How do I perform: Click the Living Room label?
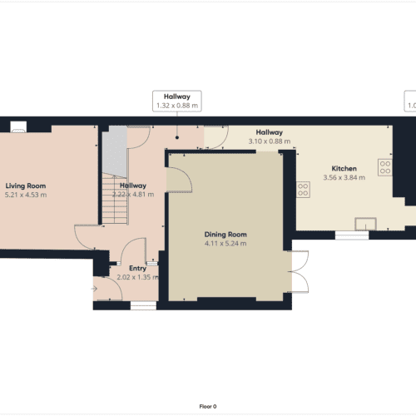[x=25, y=186]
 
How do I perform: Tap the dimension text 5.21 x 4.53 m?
[x=25, y=195]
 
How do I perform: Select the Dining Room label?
[x=225, y=235]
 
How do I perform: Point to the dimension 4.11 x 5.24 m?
[x=225, y=245]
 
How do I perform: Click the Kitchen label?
[x=344, y=169]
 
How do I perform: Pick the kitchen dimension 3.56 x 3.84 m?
[x=344, y=178]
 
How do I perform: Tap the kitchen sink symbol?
[x=364, y=222]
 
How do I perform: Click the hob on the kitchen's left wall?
[x=304, y=189]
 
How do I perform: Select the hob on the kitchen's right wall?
[x=385, y=167]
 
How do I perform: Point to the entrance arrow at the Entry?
[x=96, y=289]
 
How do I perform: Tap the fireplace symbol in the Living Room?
[x=17, y=127]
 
